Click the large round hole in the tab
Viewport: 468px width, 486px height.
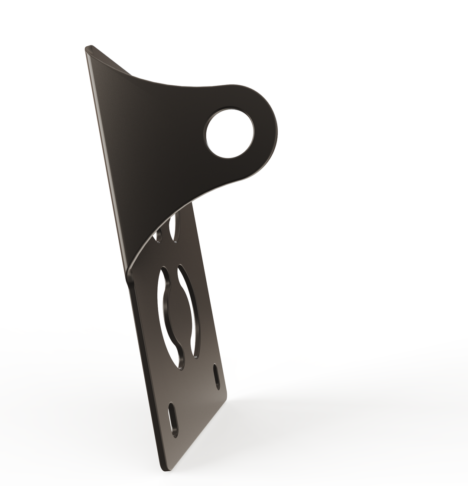pos(229,134)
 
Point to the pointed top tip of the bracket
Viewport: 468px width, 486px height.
pos(88,48)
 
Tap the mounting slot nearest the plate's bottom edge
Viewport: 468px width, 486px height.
pos(173,420)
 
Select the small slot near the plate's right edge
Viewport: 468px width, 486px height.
pos(216,377)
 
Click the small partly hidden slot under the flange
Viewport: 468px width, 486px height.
pos(159,234)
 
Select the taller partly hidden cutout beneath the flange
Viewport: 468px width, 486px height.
pos(175,227)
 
